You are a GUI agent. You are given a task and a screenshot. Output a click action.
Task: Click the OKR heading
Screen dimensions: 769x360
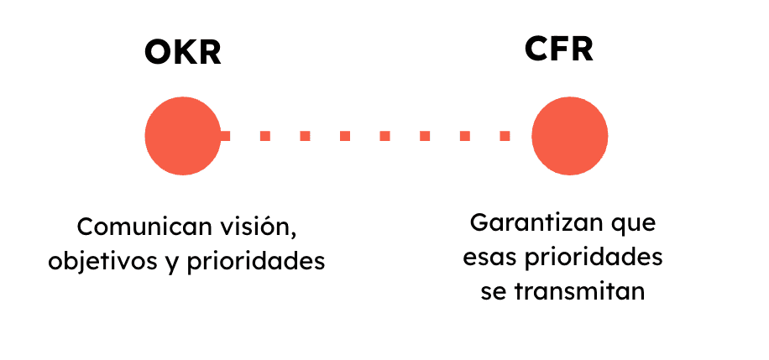click(183, 53)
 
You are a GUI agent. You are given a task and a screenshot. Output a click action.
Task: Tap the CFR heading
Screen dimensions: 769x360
click(558, 49)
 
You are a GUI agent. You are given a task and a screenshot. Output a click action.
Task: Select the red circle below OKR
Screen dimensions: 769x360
click(183, 136)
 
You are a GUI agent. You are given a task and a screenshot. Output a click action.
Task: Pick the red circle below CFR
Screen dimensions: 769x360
click(569, 136)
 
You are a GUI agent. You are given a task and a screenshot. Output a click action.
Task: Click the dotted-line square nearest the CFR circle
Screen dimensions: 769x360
click(505, 136)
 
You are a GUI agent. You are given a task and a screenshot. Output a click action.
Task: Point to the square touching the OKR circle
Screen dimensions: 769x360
click(225, 136)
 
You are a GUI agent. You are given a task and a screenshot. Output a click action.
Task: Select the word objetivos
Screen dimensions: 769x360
click(101, 262)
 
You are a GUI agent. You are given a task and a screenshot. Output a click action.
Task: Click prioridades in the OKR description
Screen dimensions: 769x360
click(255, 262)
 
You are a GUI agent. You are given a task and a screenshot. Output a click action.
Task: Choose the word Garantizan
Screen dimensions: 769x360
click(532, 223)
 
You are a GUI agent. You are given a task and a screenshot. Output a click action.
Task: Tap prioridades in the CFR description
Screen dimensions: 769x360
click(594, 258)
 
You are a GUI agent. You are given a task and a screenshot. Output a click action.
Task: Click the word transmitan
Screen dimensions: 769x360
click(579, 292)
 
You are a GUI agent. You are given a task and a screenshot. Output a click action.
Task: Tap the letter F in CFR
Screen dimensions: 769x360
click(561, 49)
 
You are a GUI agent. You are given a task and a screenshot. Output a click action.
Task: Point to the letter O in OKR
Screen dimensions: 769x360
click(158, 53)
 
